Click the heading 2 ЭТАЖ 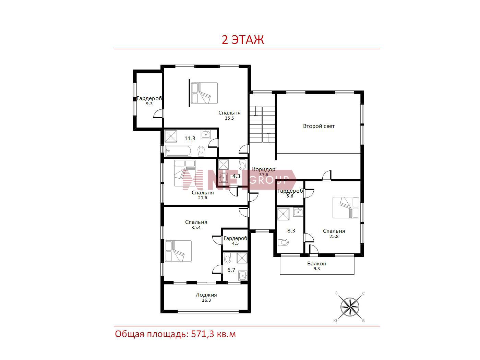click(x=243, y=40)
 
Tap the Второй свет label click(x=319, y=126)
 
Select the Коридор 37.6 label click(x=264, y=172)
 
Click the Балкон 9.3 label click(x=317, y=266)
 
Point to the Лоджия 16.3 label click(x=206, y=297)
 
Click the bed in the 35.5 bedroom click(x=204, y=93)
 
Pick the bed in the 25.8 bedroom click(x=346, y=207)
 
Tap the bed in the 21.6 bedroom click(x=185, y=173)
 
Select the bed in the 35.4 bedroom click(x=178, y=251)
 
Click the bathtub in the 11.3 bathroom click(x=178, y=151)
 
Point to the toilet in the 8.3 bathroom click(x=283, y=242)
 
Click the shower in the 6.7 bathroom click(x=242, y=258)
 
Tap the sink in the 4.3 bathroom click(x=223, y=178)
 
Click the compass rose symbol click(x=350, y=307)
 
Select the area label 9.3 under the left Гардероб click(x=149, y=104)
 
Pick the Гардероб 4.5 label click(x=235, y=240)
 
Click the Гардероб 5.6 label click(x=290, y=193)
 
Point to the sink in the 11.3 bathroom click(x=206, y=134)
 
